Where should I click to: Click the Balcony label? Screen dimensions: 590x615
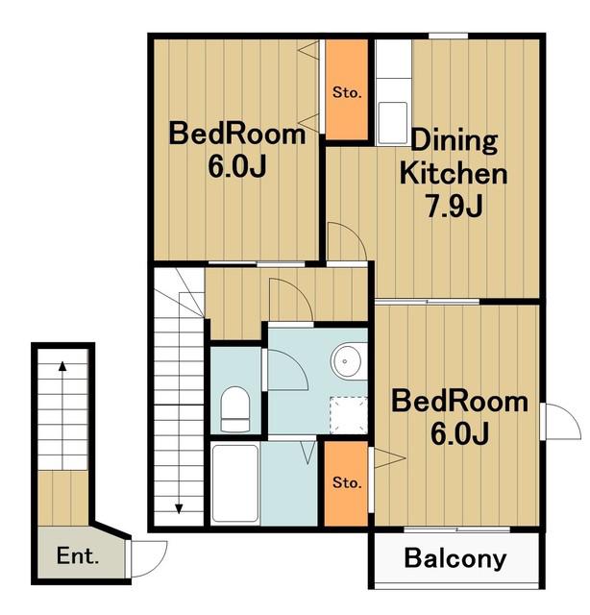pyautogui.click(x=455, y=558)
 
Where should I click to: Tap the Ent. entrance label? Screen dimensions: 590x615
pyautogui.click(x=77, y=555)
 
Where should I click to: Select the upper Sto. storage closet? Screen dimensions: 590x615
pyautogui.click(x=347, y=89)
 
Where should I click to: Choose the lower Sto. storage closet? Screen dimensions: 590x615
pyautogui.click(x=346, y=483)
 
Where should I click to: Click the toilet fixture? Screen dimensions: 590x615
pyautogui.click(x=235, y=409)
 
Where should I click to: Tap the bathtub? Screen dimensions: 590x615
pyautogui.click(x=235, y=483)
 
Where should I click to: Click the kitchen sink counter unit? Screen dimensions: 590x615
pyautogui.click(x=393, y=92)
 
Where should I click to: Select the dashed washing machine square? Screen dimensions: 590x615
pyautogui.click(x=349, y=415)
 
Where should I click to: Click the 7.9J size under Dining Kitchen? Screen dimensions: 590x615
pyautogui.click(x=455, y=206)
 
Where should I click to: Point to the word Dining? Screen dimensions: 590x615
pyautogui.click(x=454, y=141)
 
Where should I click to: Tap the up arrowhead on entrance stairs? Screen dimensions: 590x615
pyautogui.click(x=62, y=366)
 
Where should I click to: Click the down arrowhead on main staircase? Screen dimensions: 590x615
pyautogui.click(x=179, y=508)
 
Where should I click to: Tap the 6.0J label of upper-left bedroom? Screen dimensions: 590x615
pyautogui.click(x=237, y=166)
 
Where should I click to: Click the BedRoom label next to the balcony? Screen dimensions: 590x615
pyautogui.click(x=459, y=402)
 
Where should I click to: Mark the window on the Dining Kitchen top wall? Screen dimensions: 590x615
pyautogui.click(x=448, y=37)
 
